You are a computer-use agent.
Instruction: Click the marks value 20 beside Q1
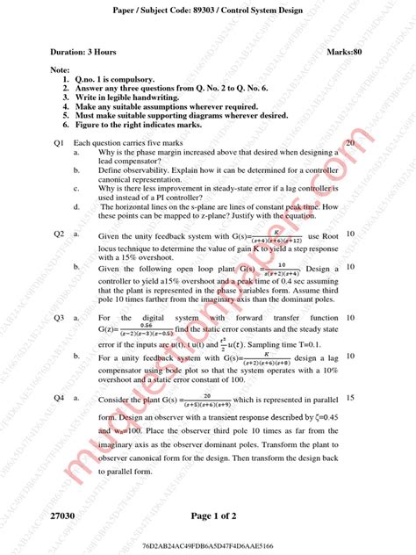(350, 142)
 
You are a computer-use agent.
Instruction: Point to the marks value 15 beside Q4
(350, 398)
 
